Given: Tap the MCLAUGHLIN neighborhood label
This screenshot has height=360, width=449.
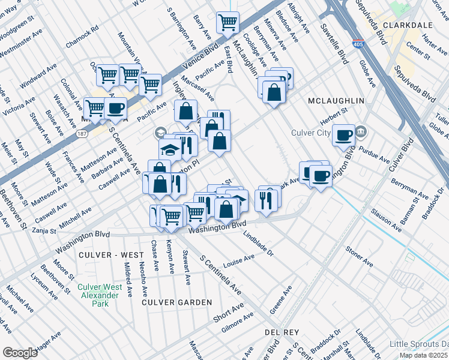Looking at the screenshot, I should (336, 101).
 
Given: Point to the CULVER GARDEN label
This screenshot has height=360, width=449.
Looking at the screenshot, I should (176, 302).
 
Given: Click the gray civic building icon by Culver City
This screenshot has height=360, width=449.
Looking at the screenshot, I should (361, 131).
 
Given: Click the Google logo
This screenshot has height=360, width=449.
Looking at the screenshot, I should (20, 352).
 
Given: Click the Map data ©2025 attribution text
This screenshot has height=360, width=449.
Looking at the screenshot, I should (424, 355).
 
